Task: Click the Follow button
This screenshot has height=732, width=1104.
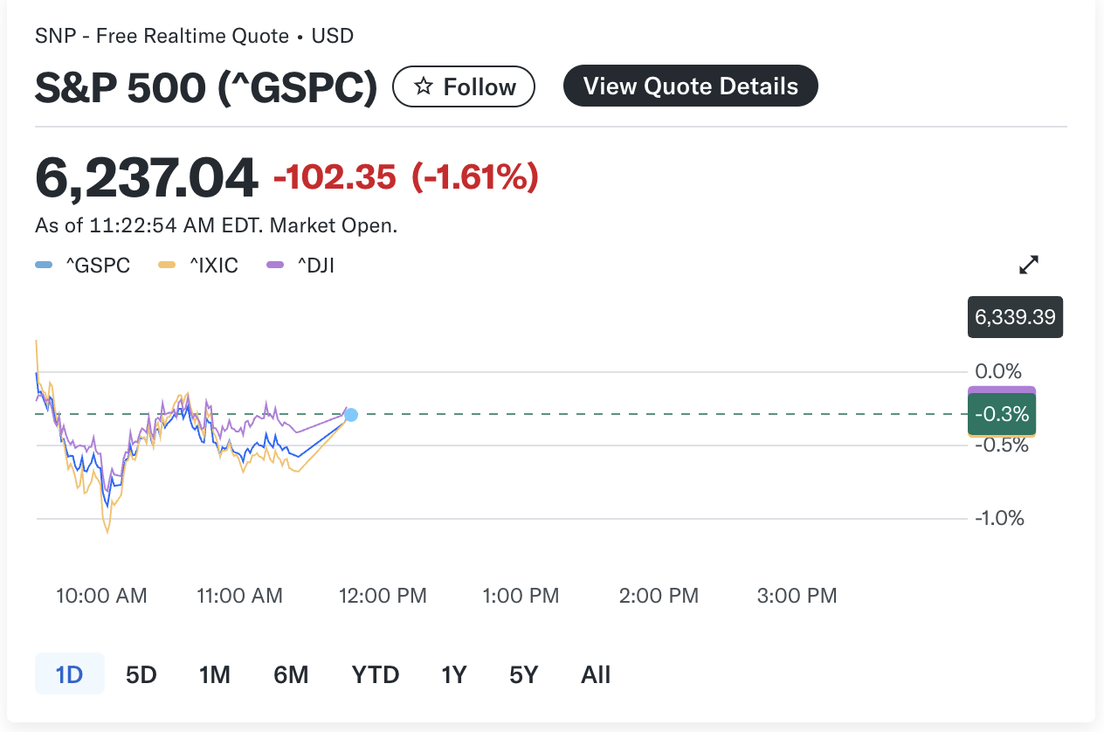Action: pos(464,86)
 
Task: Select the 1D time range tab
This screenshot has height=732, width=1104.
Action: pos(69,674)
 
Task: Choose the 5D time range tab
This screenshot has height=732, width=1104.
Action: pos(141,674)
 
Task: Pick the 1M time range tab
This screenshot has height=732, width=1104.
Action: pos(214,674)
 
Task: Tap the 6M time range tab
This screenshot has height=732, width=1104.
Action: pos(291,674)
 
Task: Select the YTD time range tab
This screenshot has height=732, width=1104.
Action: pos(376,674)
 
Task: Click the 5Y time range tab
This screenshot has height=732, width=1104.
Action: pos(523,674)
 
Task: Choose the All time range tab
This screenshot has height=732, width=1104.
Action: pos(596,674)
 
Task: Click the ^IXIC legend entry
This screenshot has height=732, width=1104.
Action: pos(206,266)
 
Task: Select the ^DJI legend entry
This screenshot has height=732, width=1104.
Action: pos(307,266)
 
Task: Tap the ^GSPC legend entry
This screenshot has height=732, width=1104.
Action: pos(90,266)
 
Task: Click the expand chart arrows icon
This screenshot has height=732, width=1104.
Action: pos(1030,265)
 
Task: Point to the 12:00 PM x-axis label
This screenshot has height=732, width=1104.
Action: pos(383,596)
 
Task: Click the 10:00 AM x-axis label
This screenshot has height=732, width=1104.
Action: pos(101,596)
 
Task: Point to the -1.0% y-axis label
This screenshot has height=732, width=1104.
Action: pos(999,518)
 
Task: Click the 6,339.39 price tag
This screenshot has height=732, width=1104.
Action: pos(1015,317)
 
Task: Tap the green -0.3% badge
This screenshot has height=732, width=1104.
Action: pos(1001,413)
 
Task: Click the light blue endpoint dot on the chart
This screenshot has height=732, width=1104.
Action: pos(351,415)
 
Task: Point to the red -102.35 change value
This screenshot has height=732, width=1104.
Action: pos(335,177)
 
